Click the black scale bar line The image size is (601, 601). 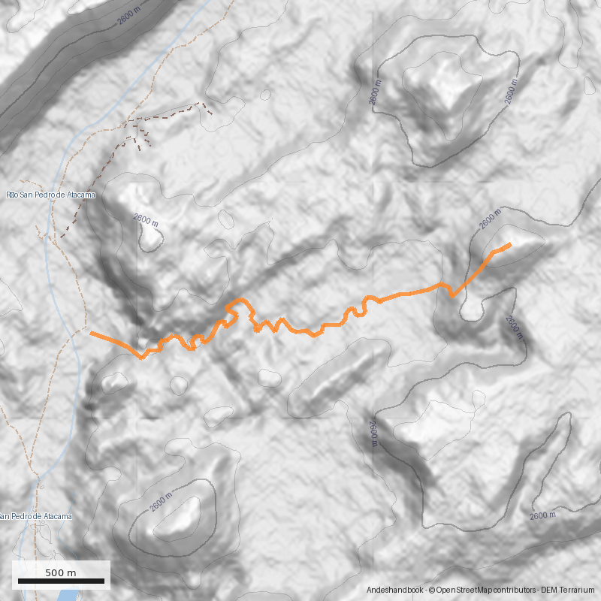pyautogui.click(x=61, y=581)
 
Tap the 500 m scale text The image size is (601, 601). pyautogui.click(x=61, y=572)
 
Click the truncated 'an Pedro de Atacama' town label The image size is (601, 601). pyautogui.click(x=36, y=516)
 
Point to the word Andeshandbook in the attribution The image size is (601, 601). pyautogui.click(x=395, y=590)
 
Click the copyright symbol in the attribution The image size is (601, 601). pyautogui.click(x=431, y=590)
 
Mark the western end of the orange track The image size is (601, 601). pyautogui.click(x=91, y=332)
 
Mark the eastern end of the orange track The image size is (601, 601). pyautogui.click(x=510, y=244)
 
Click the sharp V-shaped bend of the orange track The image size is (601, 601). pyautogui.click(x=452, y=296)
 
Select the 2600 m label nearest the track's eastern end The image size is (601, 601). pyautogui.click(x=491, y=221)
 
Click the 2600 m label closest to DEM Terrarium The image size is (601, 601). pyautogui.click(x=542, y=515)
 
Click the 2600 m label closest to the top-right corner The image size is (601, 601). pyautogui.click(x=511, y=93)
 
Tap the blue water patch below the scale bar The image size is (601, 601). pyautogui.click(x=66, y=596)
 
